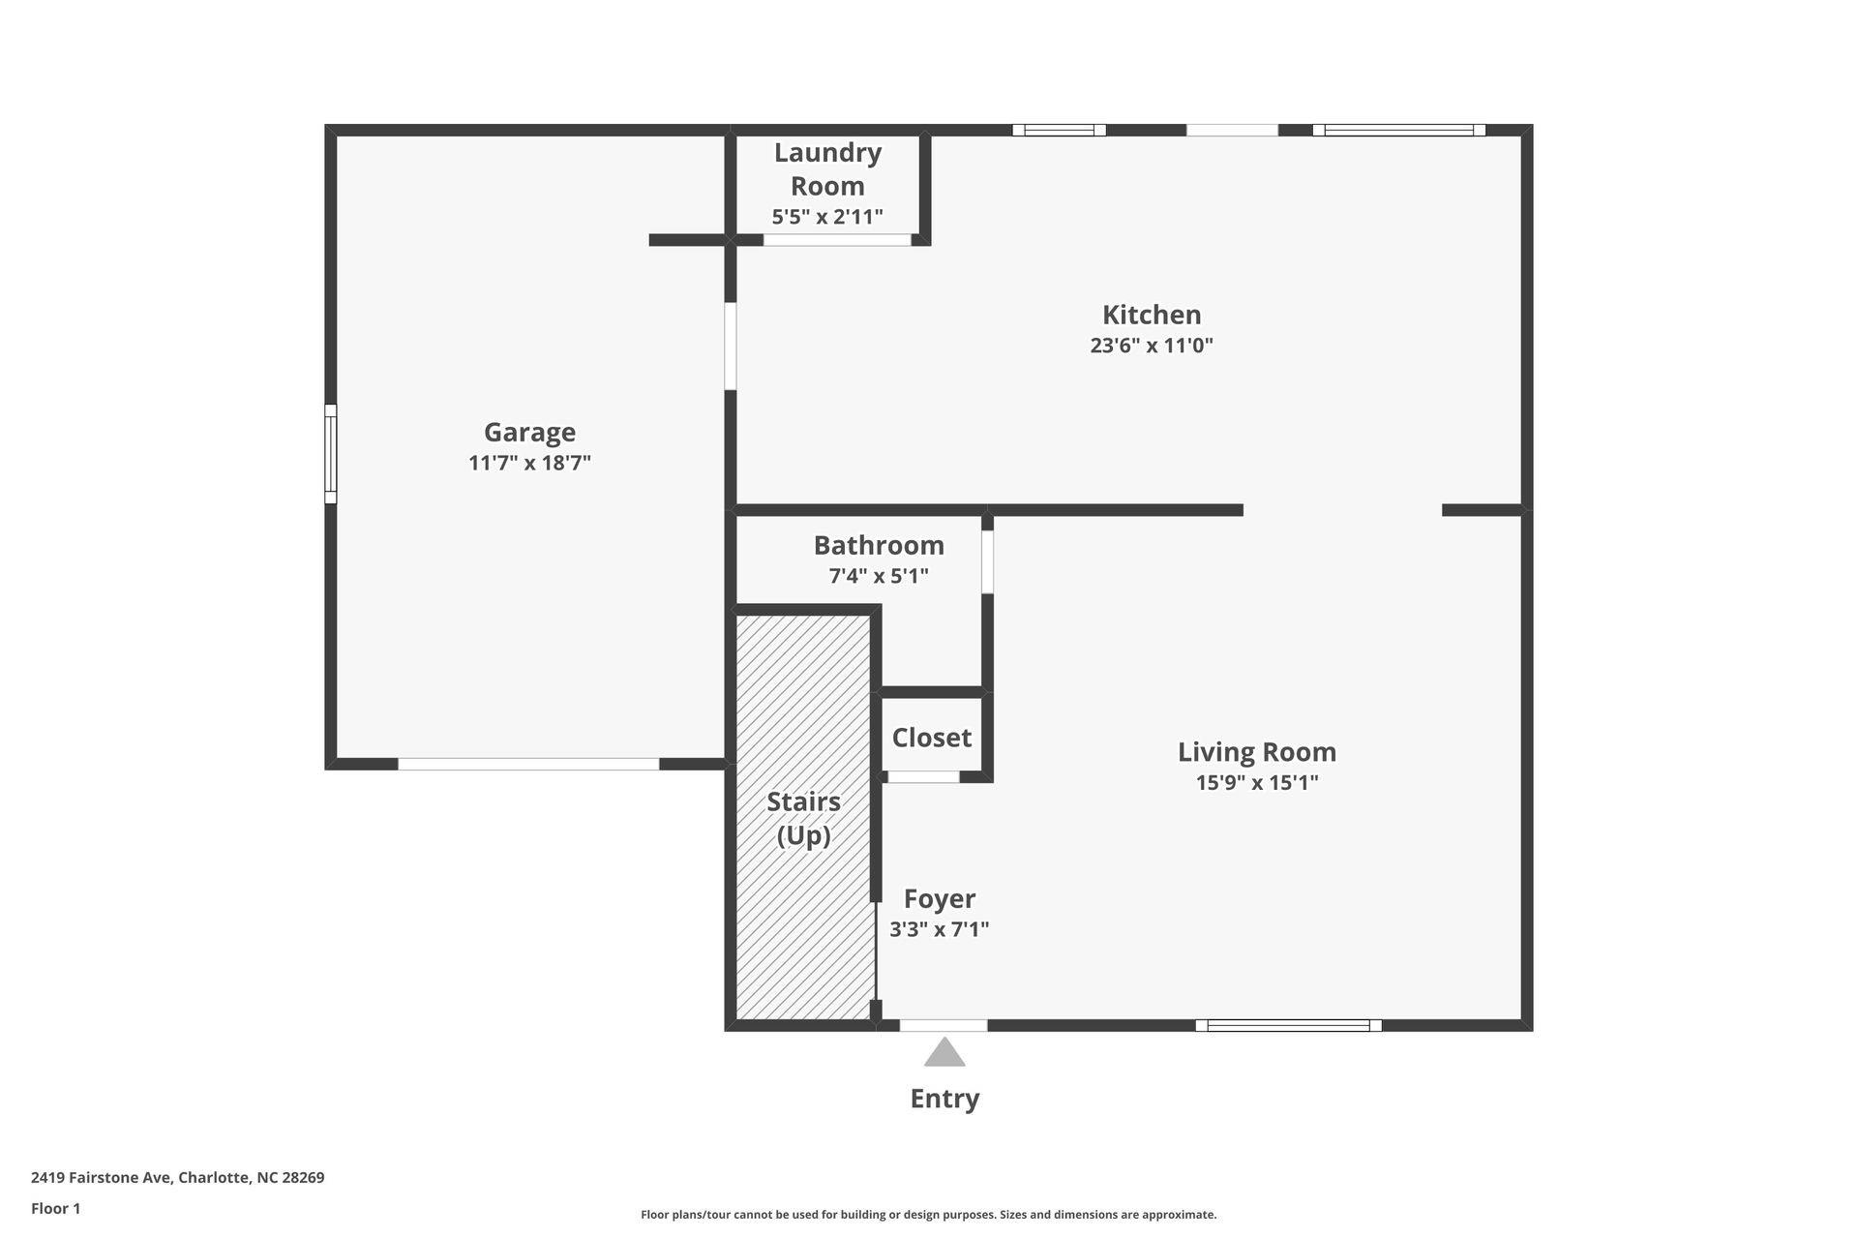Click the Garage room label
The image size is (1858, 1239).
pos(529,432)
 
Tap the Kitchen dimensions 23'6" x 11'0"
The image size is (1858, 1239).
pos(1152,346)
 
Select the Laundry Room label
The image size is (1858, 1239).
pos(827,168)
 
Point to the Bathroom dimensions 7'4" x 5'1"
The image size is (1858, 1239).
pos(879,576)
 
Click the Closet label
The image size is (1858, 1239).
pos(931,738)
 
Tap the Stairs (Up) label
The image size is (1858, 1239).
pos(803,818)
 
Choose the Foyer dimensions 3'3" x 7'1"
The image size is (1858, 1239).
pos(939,929)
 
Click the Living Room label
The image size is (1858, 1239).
pos(1256,752)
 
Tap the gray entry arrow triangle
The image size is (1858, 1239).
pos(944,1053)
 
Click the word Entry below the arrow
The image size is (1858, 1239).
pos(944,1099)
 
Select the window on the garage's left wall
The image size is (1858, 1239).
pos(330,454)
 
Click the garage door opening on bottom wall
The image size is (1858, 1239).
pos(528,764)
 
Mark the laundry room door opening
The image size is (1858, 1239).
pos(837,240)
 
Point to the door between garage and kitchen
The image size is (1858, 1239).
pos(731,346)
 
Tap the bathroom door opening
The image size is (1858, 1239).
pos(987,562)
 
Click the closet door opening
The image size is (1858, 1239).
pos(924,776)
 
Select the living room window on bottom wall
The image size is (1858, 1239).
pos(1288,1025)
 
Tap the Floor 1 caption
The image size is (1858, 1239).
pos(56,1208)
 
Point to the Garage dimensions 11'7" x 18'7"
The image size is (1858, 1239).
pos(529,463)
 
